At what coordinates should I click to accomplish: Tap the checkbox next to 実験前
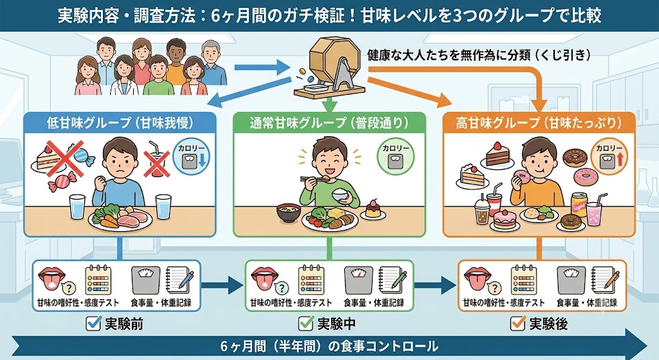click(x=93, y=323)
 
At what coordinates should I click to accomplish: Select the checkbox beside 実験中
click(x=306, y=323)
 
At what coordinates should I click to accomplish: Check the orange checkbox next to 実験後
click(x=518, y=323)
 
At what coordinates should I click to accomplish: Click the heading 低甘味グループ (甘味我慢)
click(x=120, y=123)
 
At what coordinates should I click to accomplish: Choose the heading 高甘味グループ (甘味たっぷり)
click(x=539, y=123)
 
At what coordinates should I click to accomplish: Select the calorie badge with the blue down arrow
click(x=191, y=156)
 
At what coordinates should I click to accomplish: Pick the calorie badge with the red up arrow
click(x=609, y=156)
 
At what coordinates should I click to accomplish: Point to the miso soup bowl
click(x=288, y=213)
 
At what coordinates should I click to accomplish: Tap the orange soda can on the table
click(x=580, y=204)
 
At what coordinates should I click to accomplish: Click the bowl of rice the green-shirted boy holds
click(x=341, y=194)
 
